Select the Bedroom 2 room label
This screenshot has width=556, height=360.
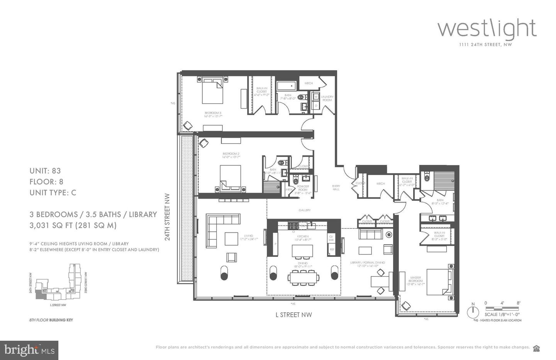click(x=231, y=155)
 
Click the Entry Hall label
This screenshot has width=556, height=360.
click(x=336, y=187)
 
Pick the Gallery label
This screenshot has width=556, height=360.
click(x=304, y=210)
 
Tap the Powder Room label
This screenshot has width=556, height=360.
click(x=303, y=188)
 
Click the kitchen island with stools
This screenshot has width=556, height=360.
click(x=302, y=251)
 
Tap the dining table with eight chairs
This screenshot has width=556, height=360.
click(x=303, y=277)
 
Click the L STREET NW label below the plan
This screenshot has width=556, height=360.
click(x=293, y=315)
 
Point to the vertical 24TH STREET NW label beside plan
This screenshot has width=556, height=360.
click(x=168, y=217)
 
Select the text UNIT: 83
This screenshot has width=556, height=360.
click(x=45, y=171)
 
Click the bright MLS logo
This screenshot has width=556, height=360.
click(x=29, y=350)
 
